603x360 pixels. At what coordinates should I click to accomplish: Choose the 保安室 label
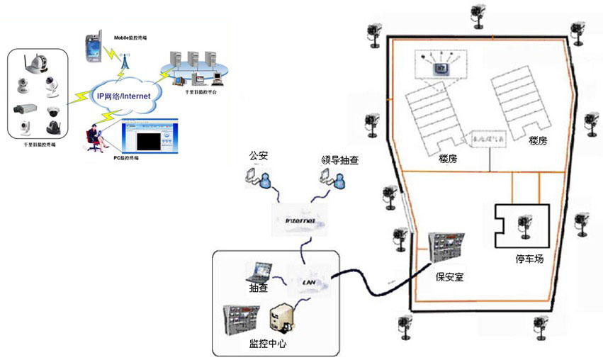tap(449, 275)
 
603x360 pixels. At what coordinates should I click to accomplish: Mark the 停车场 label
tap(529, 259)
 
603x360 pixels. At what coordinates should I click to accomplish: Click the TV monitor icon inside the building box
tap(441, 68)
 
